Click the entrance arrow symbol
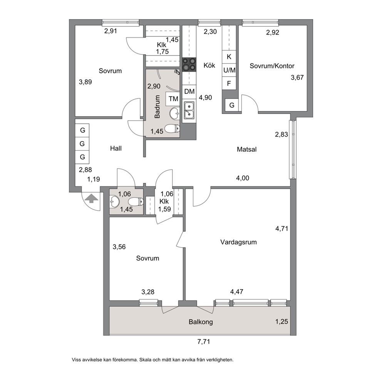click(91, 198)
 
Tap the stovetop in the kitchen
click(189, 65)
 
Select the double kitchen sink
click(189, 111)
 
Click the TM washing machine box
click(173, 99)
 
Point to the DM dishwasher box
click(189, 91)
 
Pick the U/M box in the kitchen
click(229, 70)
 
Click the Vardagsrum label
click(238, 242)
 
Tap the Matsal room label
click(246, 149)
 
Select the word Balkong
click(201, 322)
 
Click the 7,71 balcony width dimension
click(203, 342)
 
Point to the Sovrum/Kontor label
click(272, 66)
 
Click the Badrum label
click(157, 107)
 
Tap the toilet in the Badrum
click(172, 128)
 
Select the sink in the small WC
click(114, 201)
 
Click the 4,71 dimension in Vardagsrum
click(281, 228)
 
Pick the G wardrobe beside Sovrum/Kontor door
click(232, 105)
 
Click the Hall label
click(116, 148)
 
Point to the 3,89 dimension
click(85, 82)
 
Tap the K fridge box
click(229, 57)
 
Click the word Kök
click(209, 65)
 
